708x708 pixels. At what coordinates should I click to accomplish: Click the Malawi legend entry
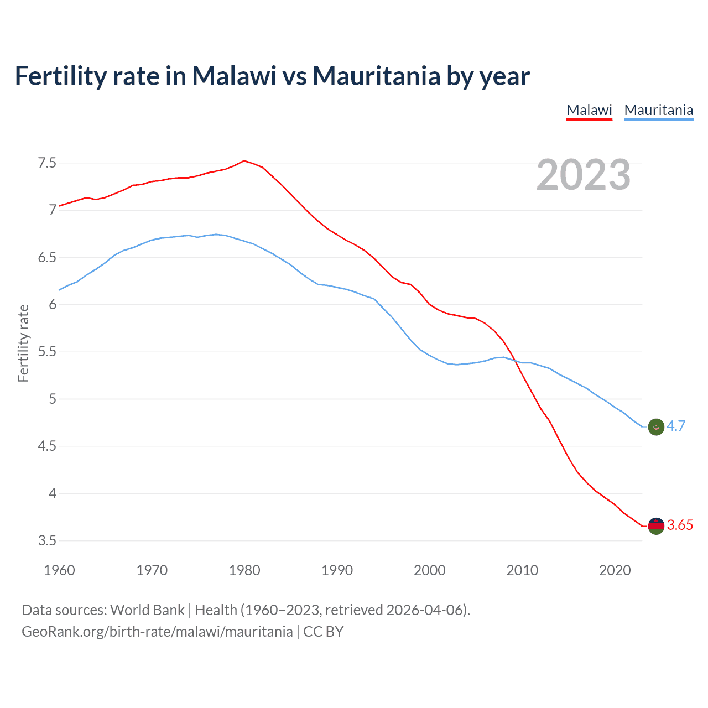pos(589,110)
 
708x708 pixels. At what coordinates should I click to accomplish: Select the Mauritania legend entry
pos(658,110)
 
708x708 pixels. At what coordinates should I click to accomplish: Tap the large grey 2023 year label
pos(583,175)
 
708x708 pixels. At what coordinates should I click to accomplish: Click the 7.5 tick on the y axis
pos(47,163)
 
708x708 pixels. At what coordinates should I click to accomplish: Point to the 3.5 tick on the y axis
pos(47,540)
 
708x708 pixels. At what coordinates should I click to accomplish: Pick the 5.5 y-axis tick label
pos(47,352)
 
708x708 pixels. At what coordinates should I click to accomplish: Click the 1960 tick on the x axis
pos(59,570)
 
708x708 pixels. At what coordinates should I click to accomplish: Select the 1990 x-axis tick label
pos(337,570)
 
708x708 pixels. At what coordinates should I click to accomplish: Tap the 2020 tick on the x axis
pos(615,570)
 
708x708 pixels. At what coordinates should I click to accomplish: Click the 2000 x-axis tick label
pos(429,570)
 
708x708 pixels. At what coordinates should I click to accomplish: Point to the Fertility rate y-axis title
pos(23,343)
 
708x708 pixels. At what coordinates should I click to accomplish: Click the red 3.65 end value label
pos(680,525)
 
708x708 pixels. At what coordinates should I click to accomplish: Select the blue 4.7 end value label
pos(675,426)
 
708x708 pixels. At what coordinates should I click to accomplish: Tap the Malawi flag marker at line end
pos(656,526)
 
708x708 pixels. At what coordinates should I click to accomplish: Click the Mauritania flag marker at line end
pos(656,427)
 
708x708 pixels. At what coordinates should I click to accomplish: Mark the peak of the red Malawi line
pos(244,161)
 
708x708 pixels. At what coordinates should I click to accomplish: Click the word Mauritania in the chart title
pos(376,76)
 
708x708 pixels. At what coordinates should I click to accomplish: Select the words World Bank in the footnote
pos(147,610)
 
